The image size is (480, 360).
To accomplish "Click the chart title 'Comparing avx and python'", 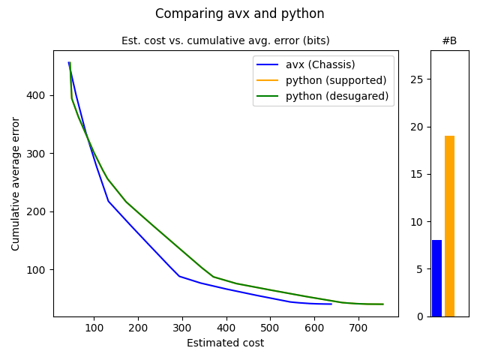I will pos(240,13).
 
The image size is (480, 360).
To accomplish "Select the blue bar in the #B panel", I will pos(436,278).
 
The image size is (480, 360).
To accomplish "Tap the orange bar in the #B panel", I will pos(449,226).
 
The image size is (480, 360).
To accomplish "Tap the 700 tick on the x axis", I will pos(358,328).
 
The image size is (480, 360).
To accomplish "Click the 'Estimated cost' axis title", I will pos(225,343).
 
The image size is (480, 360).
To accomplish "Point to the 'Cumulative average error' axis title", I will pos(16,183).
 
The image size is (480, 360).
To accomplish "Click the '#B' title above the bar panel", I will pos(449,40).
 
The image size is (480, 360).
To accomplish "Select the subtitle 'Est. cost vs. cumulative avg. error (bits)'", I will pos(225,40).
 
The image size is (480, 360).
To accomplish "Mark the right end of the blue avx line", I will pos(331,304).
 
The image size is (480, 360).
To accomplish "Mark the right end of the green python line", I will pos(383,304).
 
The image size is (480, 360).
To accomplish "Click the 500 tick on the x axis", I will pos(270,328).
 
